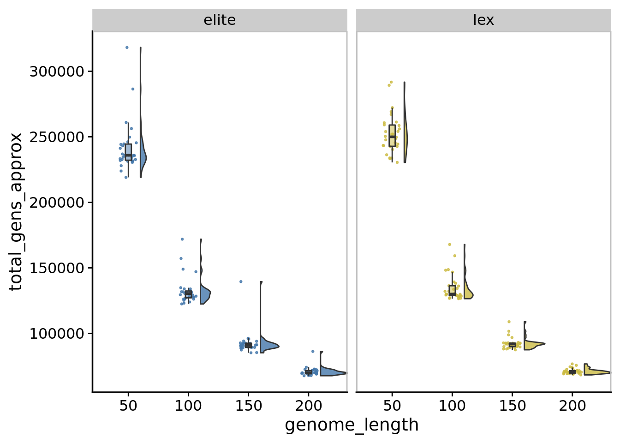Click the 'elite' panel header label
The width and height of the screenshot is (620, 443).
(x=220, y=20)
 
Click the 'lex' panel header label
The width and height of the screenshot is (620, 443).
(x=483, y=20)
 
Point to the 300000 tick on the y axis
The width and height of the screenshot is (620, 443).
(x=57, y=72)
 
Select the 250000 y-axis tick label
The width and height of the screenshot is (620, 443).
(x=57, y=137)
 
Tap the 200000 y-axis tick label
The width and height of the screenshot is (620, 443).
(x=57, y=203)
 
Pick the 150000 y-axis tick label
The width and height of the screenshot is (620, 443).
(x=57, y=268)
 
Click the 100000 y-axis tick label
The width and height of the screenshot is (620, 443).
(x=57, y=334)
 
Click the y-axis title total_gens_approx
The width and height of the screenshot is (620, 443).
(x=16, y=211)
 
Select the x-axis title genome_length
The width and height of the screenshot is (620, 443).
(x=352, y=425)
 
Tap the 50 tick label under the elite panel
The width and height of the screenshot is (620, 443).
(x=128, y=406)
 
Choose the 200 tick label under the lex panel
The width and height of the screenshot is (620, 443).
(x=572, y=406)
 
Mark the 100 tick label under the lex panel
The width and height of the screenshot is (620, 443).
(x=452, y=406)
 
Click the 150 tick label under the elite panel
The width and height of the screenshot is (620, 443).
(x=248, y=406)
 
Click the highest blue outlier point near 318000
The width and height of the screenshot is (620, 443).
(x=127, y=48)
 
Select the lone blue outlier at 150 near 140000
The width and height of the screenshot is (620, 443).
(x=241, y=281)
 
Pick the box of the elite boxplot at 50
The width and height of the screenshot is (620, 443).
(x=128, y=152)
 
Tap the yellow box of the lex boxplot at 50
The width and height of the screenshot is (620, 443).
(x=392, y=135)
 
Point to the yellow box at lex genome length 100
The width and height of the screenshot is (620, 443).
(x=452, y=291)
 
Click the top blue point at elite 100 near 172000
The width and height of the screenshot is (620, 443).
(x=182, y=239)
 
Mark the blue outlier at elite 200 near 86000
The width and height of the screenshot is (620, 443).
(x=312, y=351)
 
